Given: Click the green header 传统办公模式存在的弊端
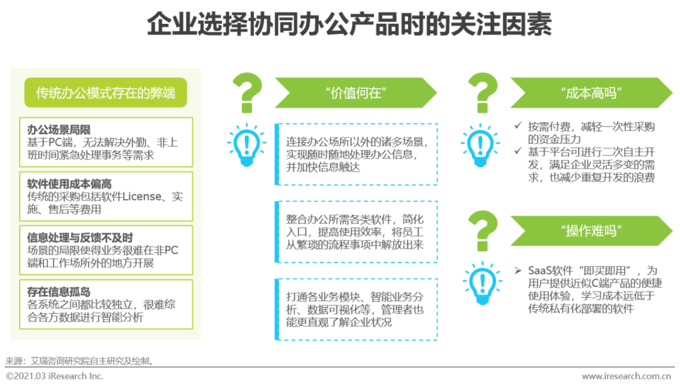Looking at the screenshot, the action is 106,93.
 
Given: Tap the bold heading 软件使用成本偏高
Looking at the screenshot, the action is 69,184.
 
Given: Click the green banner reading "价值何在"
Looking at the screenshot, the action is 356,93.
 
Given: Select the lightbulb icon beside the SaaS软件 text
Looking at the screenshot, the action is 482,283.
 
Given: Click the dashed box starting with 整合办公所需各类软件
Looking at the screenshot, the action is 356,232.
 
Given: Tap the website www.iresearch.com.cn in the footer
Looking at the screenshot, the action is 626,376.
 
